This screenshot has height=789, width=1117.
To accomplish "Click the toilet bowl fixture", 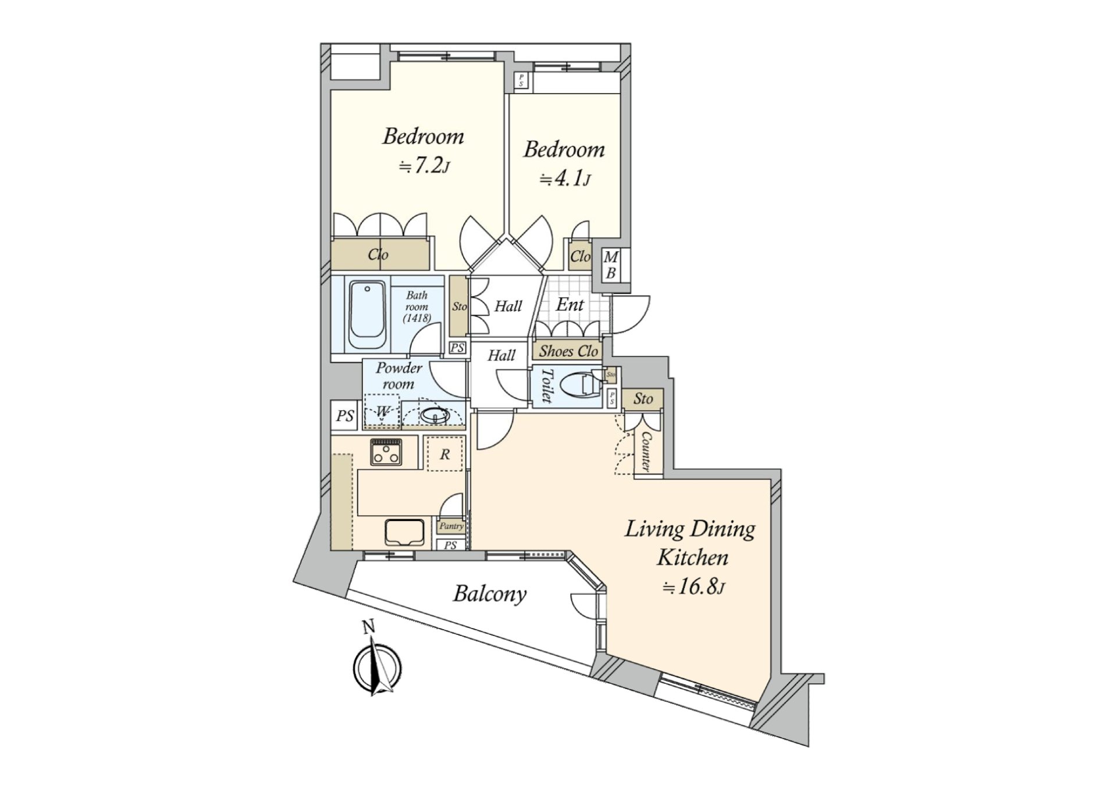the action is [x=586, y=384].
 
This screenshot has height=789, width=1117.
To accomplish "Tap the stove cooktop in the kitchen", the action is [x=386, y=451].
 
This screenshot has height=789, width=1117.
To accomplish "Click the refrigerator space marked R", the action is [x=444, y=454].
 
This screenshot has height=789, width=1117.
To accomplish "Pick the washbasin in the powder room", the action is [x=433, y=415].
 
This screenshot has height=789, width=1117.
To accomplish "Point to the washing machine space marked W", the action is [x=382, y=412].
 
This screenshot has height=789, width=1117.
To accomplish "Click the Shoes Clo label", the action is [x=568, y=351].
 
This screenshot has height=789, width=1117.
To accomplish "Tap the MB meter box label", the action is [x=610, y=265].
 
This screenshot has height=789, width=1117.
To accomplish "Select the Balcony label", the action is [x=490, y=594].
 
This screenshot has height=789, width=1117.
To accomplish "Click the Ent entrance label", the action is [x=570, y=304].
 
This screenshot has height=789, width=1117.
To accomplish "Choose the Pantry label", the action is [x=451, y=526].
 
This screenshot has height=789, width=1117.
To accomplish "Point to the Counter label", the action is [x=646, y=451].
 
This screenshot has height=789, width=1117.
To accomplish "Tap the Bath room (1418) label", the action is [x=417, y=306].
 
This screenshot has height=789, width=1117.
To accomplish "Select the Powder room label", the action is [x=399, y=376].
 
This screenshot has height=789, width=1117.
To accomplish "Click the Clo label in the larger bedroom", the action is [x=378, y=254].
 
